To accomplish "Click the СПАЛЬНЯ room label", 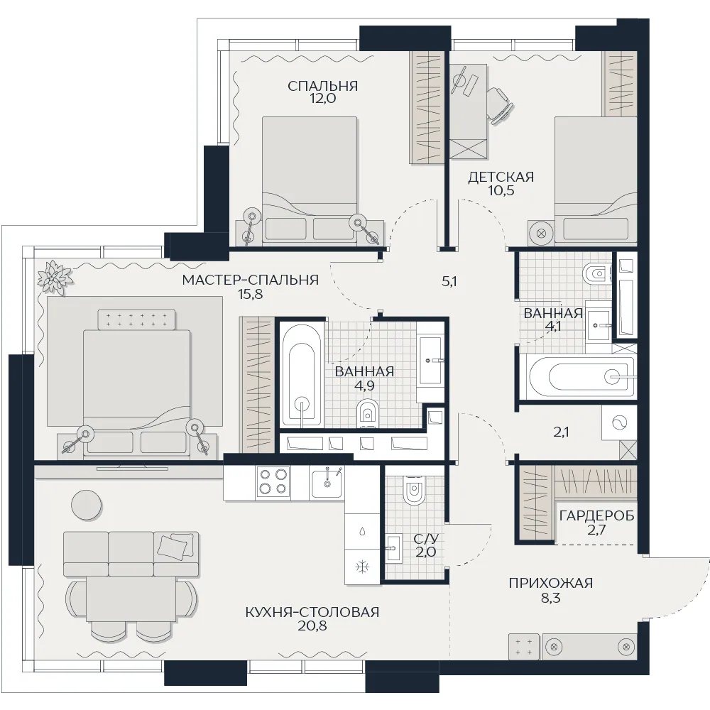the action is pos(323,86).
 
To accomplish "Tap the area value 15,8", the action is pos(251,295).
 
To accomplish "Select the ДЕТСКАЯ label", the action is pos(501,177).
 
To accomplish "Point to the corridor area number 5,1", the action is pos(449,282).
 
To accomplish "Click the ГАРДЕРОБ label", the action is pos(597,515).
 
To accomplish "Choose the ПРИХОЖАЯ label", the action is pos(551,583).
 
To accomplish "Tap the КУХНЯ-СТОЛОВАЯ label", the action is pos(312,612).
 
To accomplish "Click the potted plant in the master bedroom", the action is pos(55,277).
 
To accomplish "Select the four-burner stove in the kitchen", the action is pos(273,483).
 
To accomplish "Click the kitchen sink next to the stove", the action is pos(327,483).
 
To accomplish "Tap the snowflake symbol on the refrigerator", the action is pos(362,567).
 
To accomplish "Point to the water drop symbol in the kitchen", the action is pos(362,531).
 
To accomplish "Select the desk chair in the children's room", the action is pos(501,106).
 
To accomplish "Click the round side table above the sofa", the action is pos(87,505).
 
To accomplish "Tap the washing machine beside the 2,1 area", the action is pos(619,423).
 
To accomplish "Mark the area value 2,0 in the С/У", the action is pos(425,552).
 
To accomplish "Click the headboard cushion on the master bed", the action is pos(136,318).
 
